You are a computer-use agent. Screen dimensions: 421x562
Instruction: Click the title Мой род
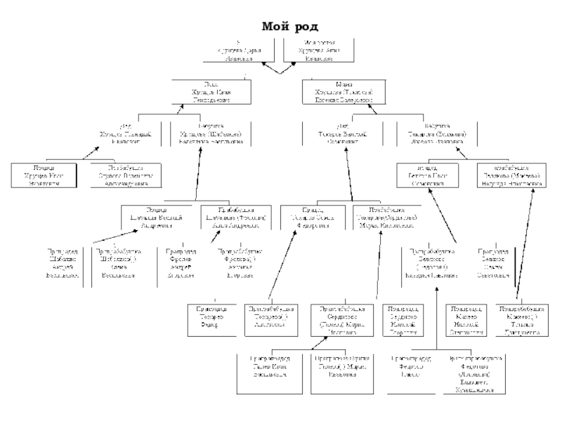point(289,27)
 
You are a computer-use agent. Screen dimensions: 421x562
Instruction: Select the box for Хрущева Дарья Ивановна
point(242,51)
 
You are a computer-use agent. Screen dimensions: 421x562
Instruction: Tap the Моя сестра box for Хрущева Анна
point(319,51)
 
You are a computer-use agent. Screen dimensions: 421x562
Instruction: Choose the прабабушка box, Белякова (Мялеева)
point(511,175)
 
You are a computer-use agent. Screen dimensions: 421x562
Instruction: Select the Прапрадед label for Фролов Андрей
point(182,264)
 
